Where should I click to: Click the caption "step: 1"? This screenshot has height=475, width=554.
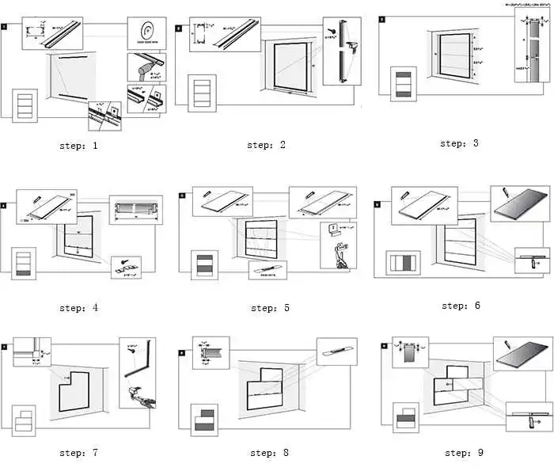(x=78, y=146)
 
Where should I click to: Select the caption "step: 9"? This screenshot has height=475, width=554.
(x=463, y=453)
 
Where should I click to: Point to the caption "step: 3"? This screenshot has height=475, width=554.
(x=460, y=143)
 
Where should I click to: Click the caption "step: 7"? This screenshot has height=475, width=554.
(x=78, y=453)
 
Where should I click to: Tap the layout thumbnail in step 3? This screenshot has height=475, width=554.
(x=404, y=85)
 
